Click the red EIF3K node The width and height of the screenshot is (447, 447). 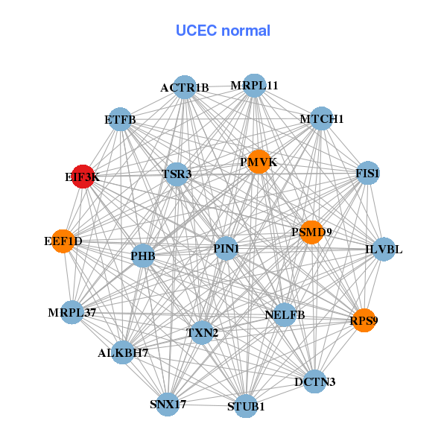coord(83,177)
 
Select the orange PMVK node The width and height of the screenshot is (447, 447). coord(258,162)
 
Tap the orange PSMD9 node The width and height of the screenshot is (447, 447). coord(311,232)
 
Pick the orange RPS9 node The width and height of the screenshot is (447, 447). coord(363,320)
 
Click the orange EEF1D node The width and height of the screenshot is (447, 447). coord(63,241)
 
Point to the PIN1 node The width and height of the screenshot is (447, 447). coord(226,248)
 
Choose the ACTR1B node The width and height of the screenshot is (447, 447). coord(184,87)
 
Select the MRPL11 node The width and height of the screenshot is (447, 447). coord(254,85)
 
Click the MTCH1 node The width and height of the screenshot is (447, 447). coord(321,118)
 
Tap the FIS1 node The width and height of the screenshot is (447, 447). coord(368,173)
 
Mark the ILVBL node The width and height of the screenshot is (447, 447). coord(383,249)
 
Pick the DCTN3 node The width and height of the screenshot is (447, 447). coord(314,381)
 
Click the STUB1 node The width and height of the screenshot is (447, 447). coord(246,407)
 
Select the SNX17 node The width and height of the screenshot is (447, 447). coord(168,404)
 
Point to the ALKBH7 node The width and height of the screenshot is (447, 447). coord(123,352)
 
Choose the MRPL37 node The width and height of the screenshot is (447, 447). coord(73,311)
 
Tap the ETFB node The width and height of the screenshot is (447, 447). coord(120,118)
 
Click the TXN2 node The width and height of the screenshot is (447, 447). coord(202,332)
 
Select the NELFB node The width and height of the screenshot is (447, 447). coord(285,314)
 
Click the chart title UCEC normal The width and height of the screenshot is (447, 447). coord(223,31)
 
